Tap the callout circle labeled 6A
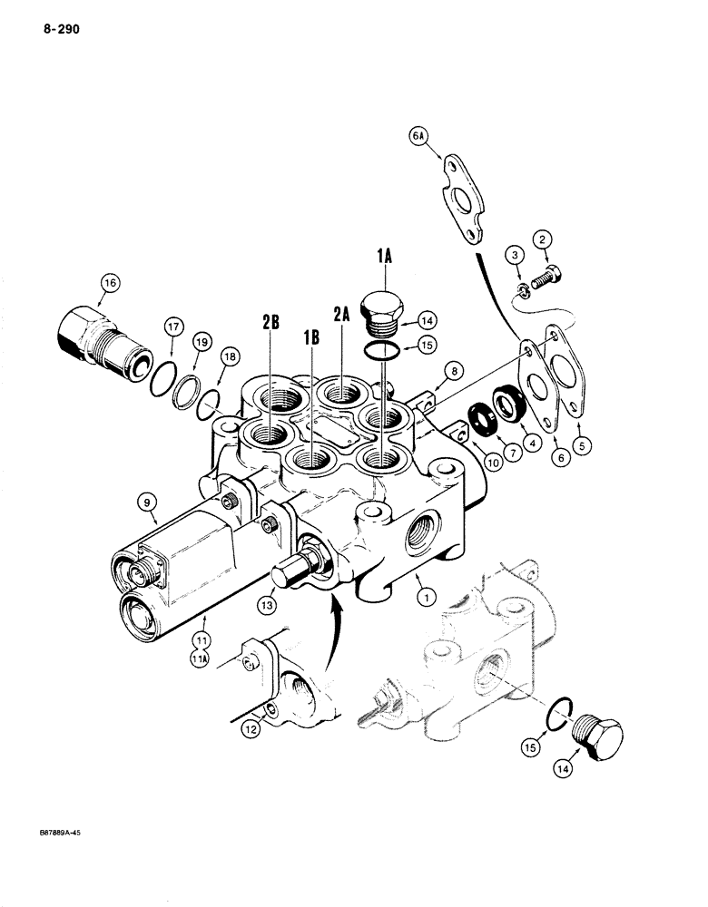418,136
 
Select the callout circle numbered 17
174,327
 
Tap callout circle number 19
201,343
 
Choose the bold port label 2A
341,314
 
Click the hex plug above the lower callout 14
600,732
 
